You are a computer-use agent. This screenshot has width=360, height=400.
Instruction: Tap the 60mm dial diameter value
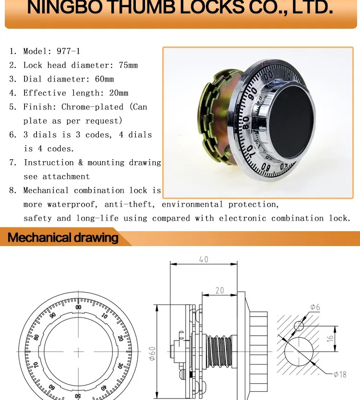click(x=103, y=79)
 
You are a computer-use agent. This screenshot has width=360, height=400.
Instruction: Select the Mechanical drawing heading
click(x=63, y=237)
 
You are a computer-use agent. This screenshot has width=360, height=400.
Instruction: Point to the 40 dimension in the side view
click(x=204, y=259)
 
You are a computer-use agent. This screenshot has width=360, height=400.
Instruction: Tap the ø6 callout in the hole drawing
click(x=315, y=307)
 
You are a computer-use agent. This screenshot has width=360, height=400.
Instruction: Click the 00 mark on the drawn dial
click(x=78, y=307)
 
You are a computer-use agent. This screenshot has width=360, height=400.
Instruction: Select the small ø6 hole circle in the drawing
click(x=299, y=327)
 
